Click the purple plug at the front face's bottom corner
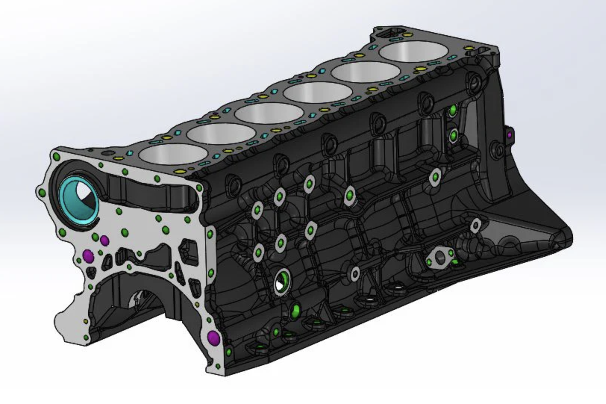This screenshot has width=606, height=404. click(213, 337)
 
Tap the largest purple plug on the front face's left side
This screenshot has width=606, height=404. click(88, 255)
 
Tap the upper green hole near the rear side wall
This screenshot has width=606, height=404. click(453, 110)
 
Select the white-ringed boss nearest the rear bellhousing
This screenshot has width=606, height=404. click(476, 225)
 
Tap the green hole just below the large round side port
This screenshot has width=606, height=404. click(296, 309)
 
